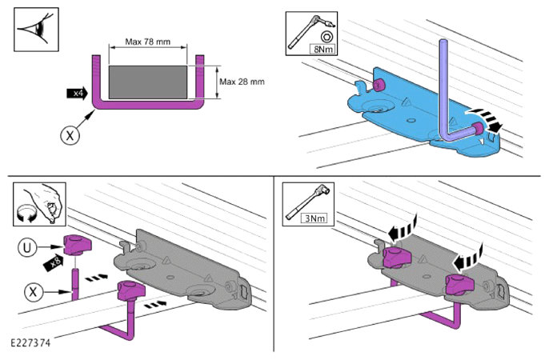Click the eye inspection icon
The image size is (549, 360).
tap(36, 30)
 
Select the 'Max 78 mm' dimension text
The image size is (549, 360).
tap(148, 42)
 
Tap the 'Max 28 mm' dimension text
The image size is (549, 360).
tap(242, 82)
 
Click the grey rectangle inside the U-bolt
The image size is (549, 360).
tap(148, 82)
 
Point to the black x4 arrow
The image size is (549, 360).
tap(77, 94)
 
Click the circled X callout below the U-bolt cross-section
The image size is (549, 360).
tap(70, 135)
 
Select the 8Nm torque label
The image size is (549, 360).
tap(323, 50)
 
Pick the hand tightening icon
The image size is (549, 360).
tap(39, 204)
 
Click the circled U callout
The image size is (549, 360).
tap(27, 248)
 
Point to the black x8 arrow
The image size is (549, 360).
tap(54, 263)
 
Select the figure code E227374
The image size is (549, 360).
tap(30, 342)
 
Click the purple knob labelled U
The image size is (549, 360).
tap(77, 245)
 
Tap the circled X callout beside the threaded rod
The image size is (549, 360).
tap(34, 291)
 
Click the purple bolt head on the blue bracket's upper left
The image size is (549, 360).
tap(378, 85)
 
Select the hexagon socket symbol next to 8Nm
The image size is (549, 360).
tap(327, 36)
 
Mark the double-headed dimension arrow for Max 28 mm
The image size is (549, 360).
tap(218, 82)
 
